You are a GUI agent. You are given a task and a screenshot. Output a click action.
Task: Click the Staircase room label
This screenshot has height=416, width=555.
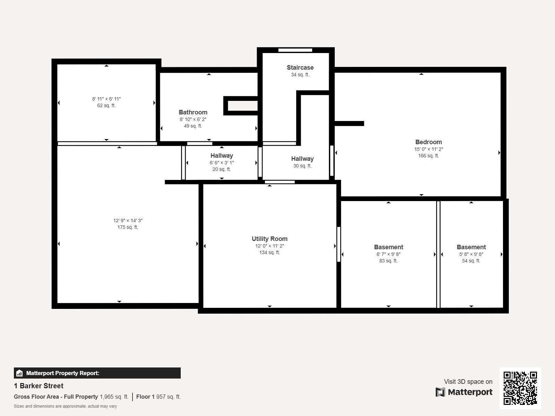click(300, 68)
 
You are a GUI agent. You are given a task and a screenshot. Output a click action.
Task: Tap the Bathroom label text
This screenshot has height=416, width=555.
click(193, 112)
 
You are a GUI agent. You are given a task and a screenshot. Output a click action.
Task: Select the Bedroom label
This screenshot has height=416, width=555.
click(428, 142)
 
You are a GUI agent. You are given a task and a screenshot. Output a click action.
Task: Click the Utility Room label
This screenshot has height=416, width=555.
click(270, 239)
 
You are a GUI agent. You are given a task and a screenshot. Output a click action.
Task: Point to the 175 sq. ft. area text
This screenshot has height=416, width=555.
click(128, 227)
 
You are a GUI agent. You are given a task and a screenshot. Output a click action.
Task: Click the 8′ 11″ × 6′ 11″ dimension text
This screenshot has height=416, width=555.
click(106, 99)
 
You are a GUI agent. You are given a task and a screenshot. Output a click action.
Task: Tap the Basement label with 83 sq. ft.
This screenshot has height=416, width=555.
click(388, 247)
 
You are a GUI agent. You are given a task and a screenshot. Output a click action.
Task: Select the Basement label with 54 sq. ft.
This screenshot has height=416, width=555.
click(471, 247)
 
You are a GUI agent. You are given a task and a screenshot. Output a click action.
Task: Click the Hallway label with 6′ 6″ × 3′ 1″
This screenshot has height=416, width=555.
click(222, 156)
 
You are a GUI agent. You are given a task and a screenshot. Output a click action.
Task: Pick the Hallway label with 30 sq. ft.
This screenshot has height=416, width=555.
click(302, 159)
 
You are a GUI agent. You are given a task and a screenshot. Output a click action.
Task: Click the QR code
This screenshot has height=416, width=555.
click(520, 388)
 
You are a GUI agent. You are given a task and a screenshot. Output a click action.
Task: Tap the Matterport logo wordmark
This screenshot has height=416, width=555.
click(464, 392)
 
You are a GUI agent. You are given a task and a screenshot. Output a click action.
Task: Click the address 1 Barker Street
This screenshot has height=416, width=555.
click(39, 386)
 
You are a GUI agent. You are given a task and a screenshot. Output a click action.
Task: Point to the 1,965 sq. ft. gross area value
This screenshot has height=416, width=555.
click(114, 397)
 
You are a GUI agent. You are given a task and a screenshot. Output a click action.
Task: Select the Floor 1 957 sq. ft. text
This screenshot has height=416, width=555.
click(158, 397)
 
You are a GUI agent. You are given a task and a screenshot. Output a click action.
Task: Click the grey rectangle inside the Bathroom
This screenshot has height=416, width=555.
click(243, 106)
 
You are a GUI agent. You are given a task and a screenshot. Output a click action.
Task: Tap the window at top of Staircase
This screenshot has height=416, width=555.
click(295, 50)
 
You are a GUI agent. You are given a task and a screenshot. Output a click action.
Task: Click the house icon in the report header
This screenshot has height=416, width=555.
click(19, 373)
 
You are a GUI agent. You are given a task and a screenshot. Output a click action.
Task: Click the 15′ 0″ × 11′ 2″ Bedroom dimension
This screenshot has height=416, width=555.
click(428, 149)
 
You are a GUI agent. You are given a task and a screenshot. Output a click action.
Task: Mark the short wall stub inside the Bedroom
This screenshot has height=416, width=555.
click(349, 123)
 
